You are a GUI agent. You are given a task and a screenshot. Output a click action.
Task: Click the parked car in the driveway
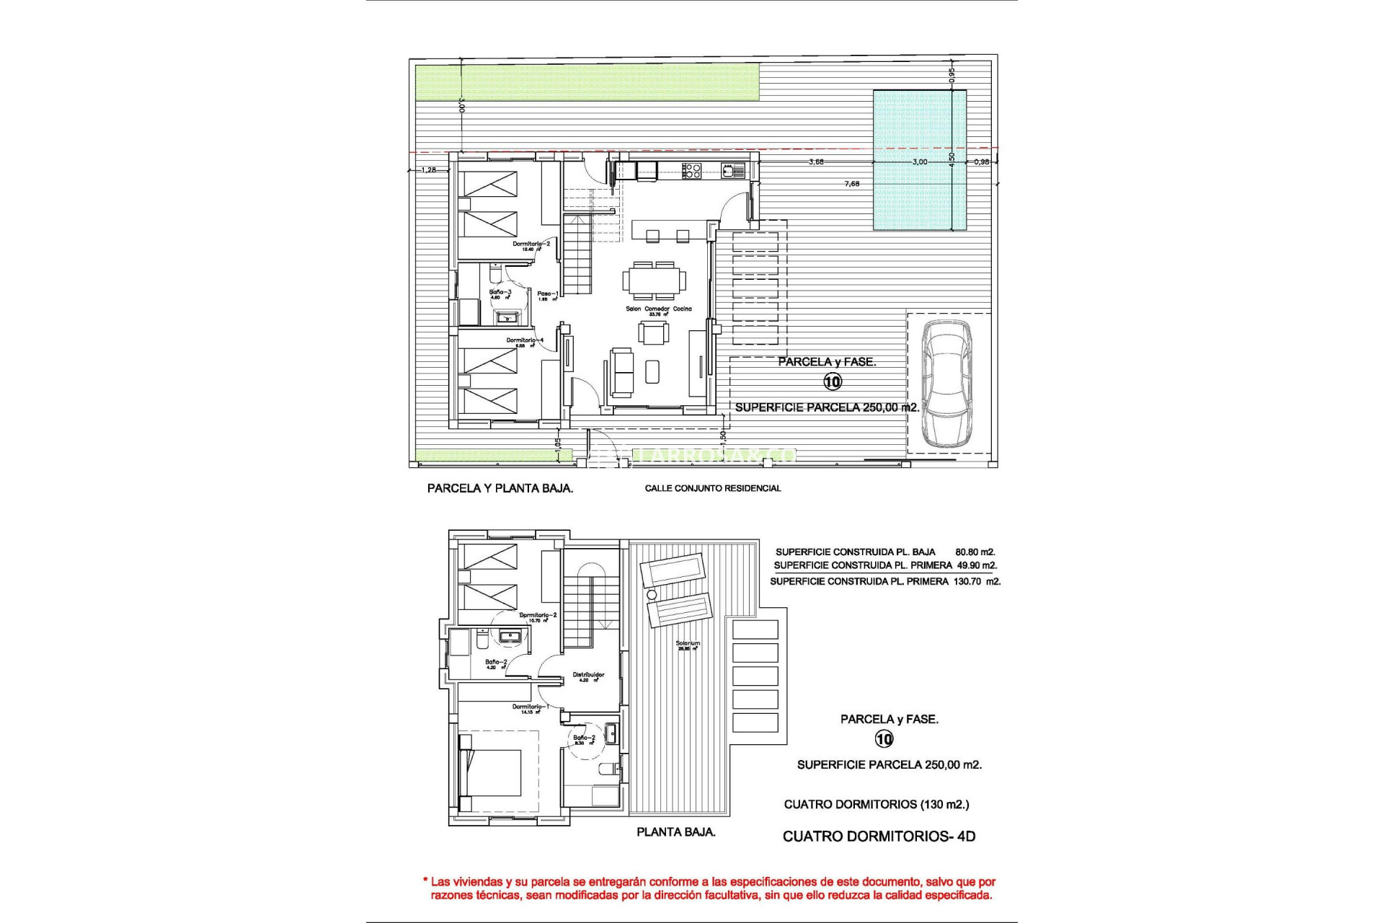click(947, 384)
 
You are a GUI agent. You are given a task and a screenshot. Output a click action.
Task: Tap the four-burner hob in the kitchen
click(692, 171)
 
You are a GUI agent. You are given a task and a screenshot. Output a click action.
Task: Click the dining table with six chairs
click(655, 281)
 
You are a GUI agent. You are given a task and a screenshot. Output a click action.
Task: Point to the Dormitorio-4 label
click(525, 340)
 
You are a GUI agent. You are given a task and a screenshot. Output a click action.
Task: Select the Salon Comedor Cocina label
click(658, 309)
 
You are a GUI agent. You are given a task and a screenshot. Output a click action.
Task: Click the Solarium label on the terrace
click(688, 643)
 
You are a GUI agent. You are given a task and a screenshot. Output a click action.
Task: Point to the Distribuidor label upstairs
click(588, 675)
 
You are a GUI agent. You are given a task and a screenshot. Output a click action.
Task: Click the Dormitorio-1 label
click(531, 707)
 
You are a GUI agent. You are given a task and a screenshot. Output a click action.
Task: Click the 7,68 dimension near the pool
click(851, 184)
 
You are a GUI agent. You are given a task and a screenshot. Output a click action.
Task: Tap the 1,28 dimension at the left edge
click(428, 170)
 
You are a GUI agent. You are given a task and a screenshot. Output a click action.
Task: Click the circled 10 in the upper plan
click(832, 381)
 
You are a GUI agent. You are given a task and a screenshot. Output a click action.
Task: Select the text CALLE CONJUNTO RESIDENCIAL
click(712, 488)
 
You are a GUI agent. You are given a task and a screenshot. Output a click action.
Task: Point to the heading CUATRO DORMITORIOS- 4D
click(879, 836)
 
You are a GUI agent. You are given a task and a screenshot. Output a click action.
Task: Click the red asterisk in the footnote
click(425, 881)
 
